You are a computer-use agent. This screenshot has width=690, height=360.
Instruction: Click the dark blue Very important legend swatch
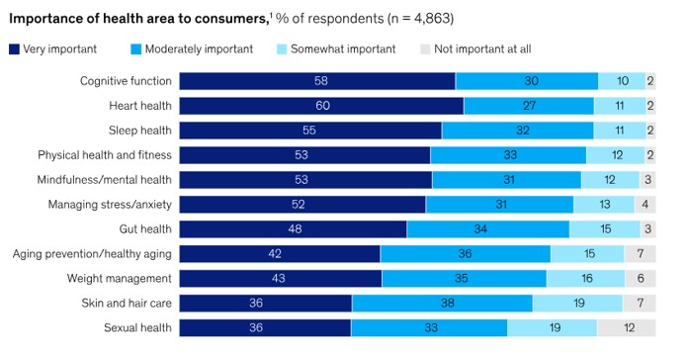14,49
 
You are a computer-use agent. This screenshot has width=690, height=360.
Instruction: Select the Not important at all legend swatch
425,49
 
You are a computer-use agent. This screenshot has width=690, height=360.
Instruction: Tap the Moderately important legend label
199,48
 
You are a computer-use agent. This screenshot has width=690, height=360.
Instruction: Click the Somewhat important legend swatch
282,49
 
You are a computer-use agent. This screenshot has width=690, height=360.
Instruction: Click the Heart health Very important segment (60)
321,106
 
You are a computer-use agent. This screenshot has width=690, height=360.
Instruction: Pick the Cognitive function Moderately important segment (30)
527,81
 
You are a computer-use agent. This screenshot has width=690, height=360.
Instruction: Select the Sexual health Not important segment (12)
626,328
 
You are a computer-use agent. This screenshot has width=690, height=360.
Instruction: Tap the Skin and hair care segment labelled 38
442,304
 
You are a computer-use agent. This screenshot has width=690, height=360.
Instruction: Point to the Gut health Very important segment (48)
293,229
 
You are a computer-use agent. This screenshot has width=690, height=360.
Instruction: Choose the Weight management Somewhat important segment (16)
585,279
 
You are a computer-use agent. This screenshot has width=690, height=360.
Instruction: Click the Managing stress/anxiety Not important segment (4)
646,205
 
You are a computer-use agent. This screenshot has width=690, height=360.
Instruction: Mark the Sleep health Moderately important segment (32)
518,131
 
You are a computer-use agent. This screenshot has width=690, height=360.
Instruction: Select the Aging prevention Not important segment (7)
640,254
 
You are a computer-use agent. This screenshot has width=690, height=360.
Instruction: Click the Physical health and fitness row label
105,155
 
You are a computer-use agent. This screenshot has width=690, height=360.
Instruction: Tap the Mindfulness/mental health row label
105,180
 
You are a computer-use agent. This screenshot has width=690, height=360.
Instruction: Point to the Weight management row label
120,278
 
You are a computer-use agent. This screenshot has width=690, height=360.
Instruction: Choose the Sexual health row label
137,327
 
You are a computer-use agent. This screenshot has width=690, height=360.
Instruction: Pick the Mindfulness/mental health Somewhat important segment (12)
610,180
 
